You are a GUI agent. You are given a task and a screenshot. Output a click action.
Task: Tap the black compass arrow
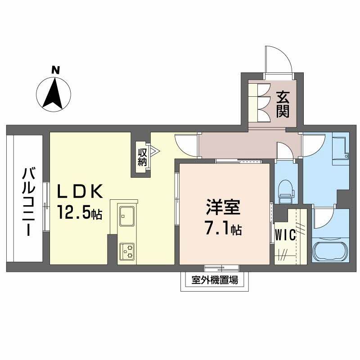(53, 93)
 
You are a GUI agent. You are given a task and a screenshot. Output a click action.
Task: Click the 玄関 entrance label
(282, 104)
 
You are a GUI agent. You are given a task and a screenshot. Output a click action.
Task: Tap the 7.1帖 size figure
(223, 229)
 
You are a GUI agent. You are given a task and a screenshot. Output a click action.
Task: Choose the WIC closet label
(285, 235)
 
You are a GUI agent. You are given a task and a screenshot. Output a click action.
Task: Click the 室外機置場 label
(215, 280)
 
